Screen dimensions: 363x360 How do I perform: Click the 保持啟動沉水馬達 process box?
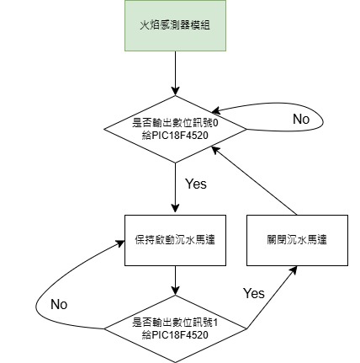174,239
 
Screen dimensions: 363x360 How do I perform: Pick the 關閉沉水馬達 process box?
296,239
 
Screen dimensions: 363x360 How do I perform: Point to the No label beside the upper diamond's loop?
301,120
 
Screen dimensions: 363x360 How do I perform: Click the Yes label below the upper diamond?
194,183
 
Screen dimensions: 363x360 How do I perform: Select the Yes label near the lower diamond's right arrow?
254,293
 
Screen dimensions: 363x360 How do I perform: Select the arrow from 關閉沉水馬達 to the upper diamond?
257,180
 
